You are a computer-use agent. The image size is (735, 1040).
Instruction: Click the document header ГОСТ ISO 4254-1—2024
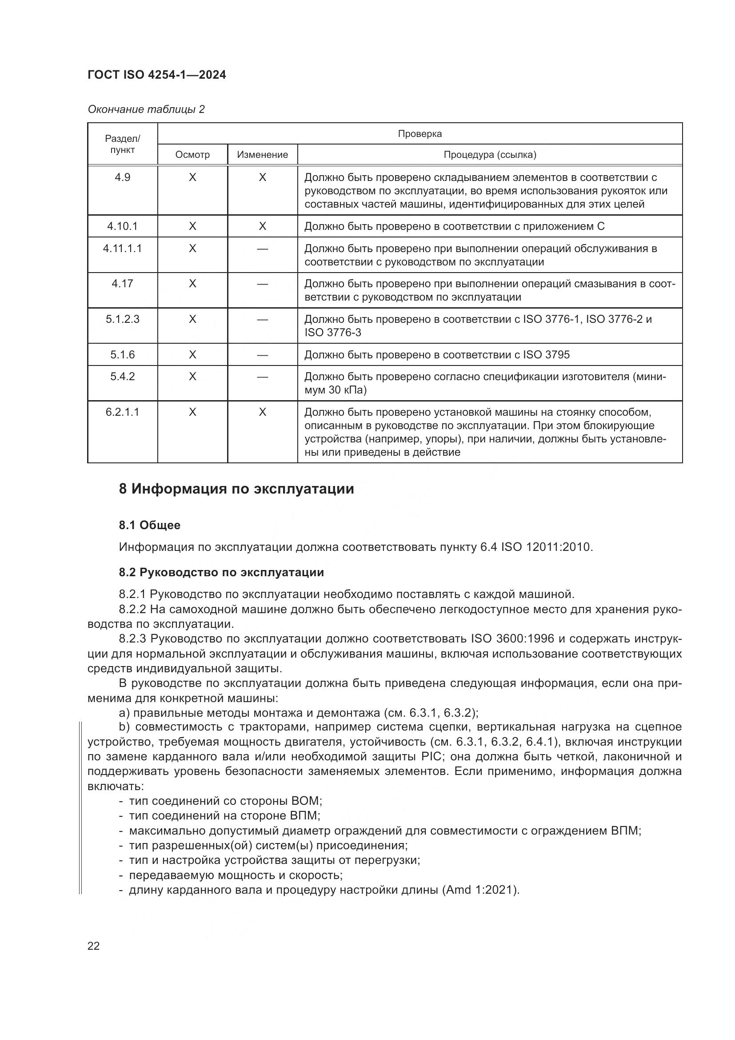(x=156, y=75)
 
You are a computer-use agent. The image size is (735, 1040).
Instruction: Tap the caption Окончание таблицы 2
(x=146, y=109)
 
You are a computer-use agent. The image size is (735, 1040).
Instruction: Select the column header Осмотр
(x=192, y=154)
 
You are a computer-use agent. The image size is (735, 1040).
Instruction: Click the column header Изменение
(x=263, y=154)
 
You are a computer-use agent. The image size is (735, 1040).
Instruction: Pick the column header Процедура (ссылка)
(x=490, y=154)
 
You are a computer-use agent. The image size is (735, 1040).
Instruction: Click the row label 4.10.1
(x=122, y=226)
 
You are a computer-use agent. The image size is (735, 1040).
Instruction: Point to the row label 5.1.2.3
(x=122, y=319)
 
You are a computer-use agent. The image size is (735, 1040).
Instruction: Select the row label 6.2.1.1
(x=122, y=412)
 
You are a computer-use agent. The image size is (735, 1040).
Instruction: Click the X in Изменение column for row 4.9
(x=263, y=177)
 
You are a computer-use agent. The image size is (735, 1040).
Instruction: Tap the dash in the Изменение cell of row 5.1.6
(x=263, y=355)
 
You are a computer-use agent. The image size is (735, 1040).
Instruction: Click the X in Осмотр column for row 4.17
(x=192, y=284)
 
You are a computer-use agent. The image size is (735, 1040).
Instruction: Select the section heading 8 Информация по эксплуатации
(x=236, y=489)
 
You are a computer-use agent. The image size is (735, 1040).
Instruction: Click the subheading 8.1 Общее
(x=149, y=525)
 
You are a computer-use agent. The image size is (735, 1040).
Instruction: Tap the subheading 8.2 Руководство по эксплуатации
(x=221, y=572)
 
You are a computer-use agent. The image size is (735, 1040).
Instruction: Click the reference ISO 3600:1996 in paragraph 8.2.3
(x=512, y=638)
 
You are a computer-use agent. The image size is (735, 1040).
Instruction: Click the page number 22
(x=94, y=946)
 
